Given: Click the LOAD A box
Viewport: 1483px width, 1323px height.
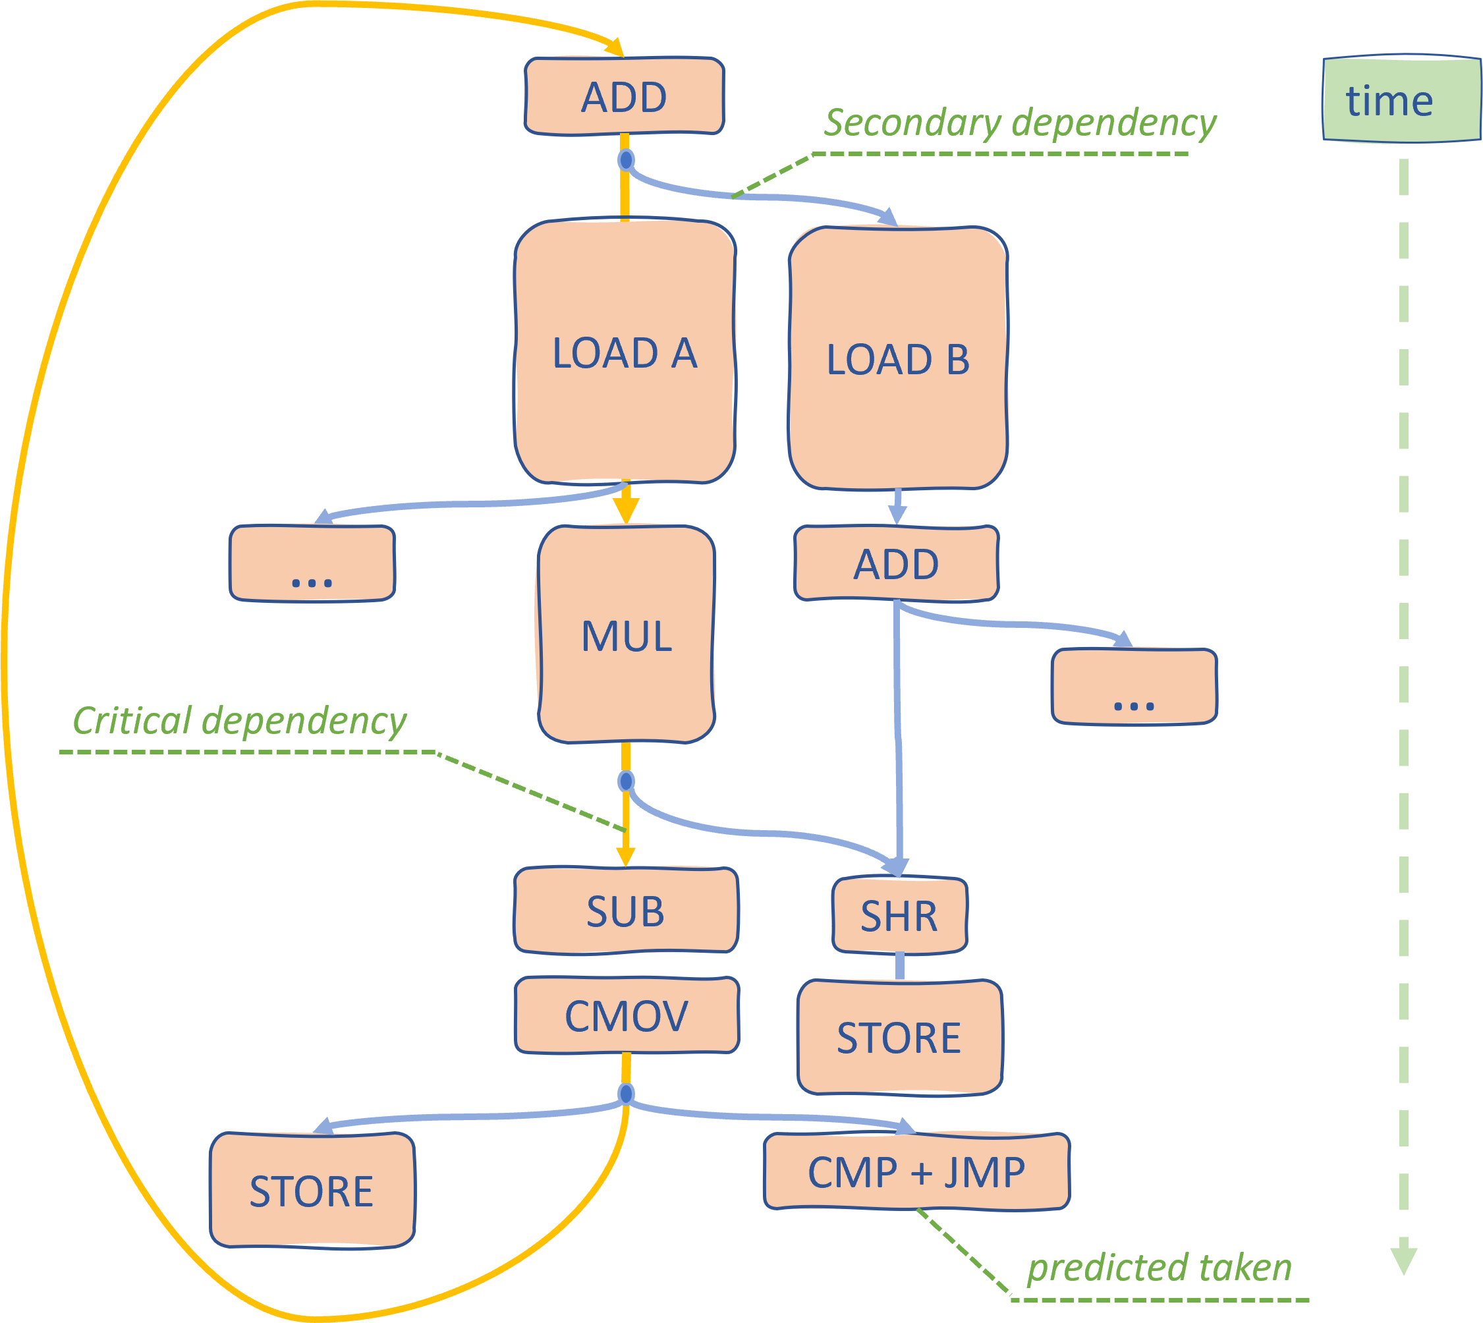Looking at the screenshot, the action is [x=625, y=351].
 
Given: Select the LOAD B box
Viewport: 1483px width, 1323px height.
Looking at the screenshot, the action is [x=898, y=358].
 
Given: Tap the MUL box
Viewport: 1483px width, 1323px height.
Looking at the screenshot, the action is [x=626, y=634].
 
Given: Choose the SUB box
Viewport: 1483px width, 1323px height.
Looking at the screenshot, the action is [x=626, y=910].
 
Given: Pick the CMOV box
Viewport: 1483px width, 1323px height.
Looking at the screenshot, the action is [x=627, y=1015].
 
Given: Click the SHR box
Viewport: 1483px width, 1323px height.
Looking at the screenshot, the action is [x=899, y=915].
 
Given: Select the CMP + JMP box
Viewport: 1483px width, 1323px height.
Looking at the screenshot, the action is [x=916, y=1173].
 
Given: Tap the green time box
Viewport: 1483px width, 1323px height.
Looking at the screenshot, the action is [x=1401, y=98].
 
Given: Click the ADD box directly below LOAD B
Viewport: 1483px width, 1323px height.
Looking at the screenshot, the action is [x=897, y=563].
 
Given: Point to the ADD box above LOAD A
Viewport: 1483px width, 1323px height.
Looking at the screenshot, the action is [x=625, y=96].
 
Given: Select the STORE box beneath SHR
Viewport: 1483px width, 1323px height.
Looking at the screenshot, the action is [x=899, y=1036].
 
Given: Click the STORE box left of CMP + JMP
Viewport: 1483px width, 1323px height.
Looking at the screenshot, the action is [x=312, y=1191].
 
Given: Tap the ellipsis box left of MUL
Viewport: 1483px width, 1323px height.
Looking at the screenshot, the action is [x=312, y=563].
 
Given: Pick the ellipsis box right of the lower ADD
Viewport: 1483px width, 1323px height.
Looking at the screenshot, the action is [x=1134, y=687].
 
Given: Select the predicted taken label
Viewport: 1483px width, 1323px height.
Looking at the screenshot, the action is [x=1160, y=1268].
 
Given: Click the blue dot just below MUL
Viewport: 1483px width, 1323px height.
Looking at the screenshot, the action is [x=625, y=781].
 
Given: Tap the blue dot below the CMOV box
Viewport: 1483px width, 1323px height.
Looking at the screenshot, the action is [x=625, y=1093].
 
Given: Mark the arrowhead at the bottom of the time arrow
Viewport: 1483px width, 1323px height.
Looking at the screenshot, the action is [x=1403, y=1261].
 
